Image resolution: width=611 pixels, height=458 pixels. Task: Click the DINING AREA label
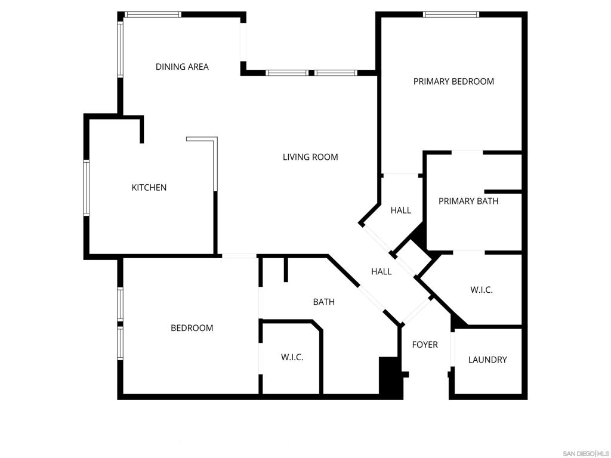pyautogui.click(x=182, y=67)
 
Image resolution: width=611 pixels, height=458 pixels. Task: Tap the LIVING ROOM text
pyautogui.click(x=310, y=157)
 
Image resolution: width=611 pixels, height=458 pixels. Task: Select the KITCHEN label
pyautogui.click(x=149, y=187)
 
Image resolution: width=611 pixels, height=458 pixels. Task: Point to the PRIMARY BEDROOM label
pyautogui.click(x=453, y=81)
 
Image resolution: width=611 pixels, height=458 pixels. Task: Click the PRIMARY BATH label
pyautogui.click(x=468, y=201)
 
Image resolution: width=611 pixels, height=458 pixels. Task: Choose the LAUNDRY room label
pyautogui.click(x=487, y=360)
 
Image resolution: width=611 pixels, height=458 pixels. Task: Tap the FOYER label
pyautogui.click(x=425, y=345)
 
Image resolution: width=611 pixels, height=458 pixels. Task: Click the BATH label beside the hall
pyautogui.click(x=324, y=302)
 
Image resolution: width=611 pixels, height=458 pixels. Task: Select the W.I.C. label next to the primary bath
pyautogui.click(x=482, y=290)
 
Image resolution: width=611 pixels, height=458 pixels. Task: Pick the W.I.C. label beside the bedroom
pyautogui.click(x=292, y=357)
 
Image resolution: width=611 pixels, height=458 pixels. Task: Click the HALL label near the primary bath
pyautogui.click(x=400, y=211)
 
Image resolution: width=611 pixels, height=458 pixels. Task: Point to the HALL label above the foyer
pyautogui.click(x=381, y=271)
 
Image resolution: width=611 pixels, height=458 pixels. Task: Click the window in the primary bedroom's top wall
pyautogui.click(x=451, y=15)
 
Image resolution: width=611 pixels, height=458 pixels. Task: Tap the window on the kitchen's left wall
pyautogui.click(x=87, y=187)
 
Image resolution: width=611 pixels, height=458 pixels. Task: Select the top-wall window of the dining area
pyautogui.click(x=153, y=15)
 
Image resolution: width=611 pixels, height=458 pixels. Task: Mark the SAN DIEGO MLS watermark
pyautogui.click(x=584, y=453)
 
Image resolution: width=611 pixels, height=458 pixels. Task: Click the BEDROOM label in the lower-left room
pyautogui.click(x=192, y=328)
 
